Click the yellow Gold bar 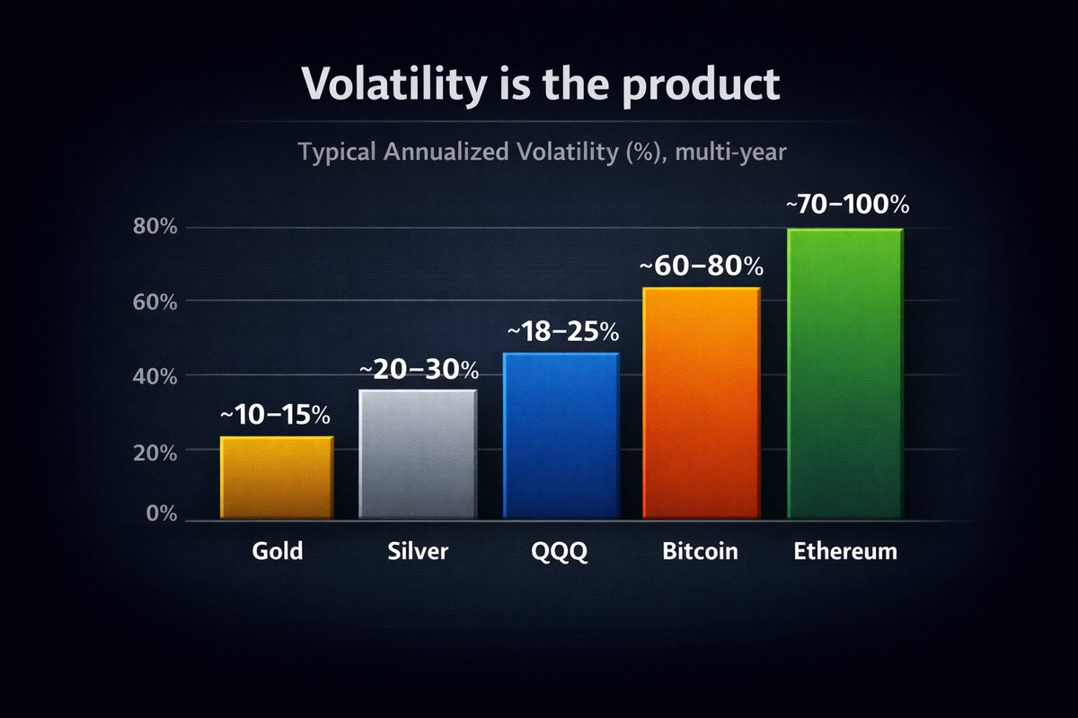pyautogui.click(x=277, y=477)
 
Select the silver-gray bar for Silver pyautogui.click(x=418, y=454)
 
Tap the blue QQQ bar pyautogui.click(x=561, y=436)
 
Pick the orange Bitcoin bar pyautogui.click(x=702, y=403)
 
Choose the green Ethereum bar pyautogui.click(x=844, y=374)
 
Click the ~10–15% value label pyautogui.click(x=275, y=416)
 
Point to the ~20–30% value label pyautogui.click(x=419, y=370)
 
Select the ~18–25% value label pyautogui.click(x=563, y=332)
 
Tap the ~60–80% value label pyautogui.click(x=702, y=267)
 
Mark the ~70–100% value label pyautogui.click(x=847, y=205)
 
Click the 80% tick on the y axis pyautogui.click(x=155, y=227)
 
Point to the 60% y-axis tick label pyautogui.click(x=155, y=302)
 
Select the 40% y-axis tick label pyautogui.click(x=155, y=377)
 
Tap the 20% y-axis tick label pyautogui.click(x=155, y=452)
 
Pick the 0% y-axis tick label pyautogui.click(x=160, y=513)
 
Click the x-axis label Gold pyautogui.click(x=277, y=550)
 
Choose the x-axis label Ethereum pyautogui.click(x=845, y=550)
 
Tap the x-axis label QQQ pyautogui.click(x=561, y=551)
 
